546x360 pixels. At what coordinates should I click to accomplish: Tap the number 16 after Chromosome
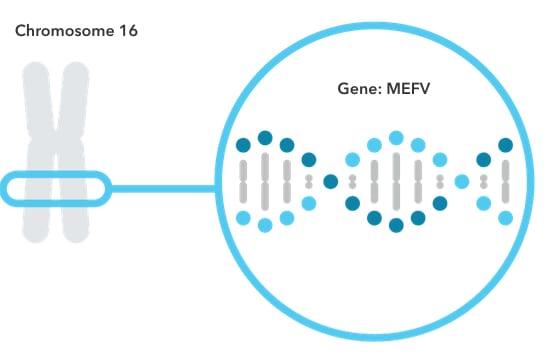128,32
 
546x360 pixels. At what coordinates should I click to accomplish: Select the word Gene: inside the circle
359,88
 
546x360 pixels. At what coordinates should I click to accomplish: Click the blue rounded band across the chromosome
56,187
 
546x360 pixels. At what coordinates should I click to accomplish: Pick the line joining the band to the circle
165,187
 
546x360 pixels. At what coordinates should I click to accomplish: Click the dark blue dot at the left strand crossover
330,181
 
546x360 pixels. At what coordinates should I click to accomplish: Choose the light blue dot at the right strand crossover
462,181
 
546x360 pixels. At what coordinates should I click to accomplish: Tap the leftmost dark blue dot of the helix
243,145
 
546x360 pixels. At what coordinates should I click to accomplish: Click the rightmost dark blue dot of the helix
506,145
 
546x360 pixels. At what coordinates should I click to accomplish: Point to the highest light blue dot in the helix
396,137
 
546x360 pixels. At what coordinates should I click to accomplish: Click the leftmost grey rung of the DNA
243,181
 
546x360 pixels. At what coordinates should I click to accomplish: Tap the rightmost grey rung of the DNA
506,181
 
